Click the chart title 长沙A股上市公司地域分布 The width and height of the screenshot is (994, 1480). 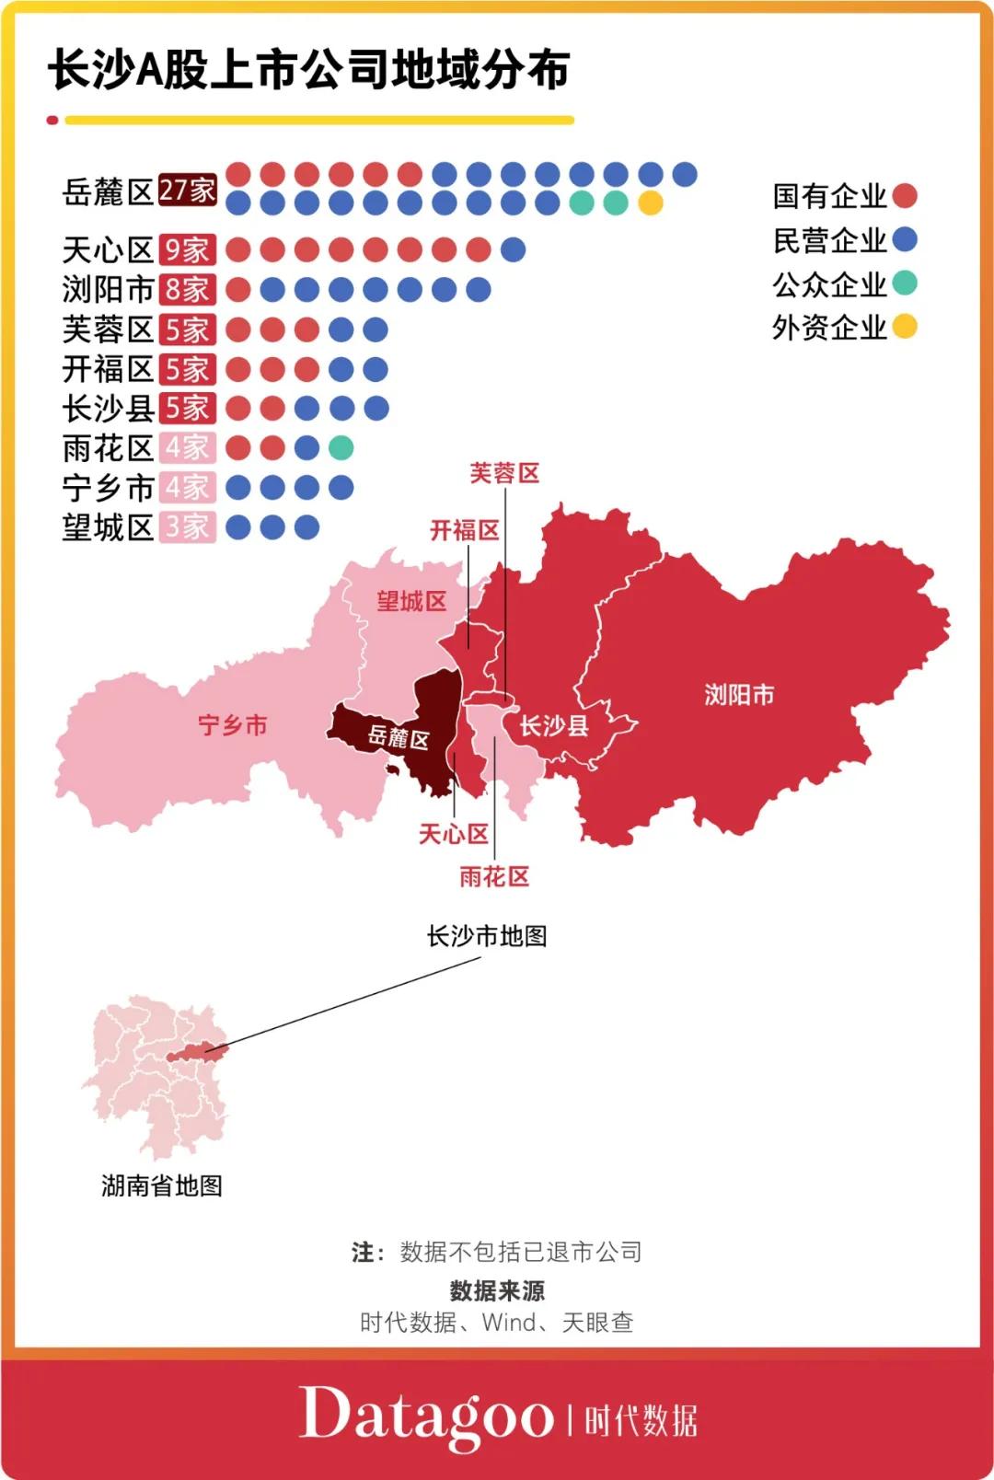[308, 70]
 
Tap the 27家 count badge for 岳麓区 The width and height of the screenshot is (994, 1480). [187, 191]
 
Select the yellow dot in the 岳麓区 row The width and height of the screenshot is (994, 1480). [650, 202]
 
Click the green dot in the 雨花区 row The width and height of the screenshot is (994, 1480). [341, 448]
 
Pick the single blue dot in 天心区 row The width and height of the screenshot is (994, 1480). [513, 249]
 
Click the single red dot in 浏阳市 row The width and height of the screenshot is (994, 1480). [238, 290]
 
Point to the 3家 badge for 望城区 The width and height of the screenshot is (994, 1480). [187, 527]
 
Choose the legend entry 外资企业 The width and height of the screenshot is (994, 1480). [829, 327]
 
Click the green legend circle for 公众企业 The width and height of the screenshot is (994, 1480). [905, 283]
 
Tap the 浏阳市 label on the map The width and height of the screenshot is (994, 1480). [739, 695]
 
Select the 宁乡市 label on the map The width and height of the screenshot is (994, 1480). [233, 725]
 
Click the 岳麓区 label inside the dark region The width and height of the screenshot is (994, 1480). [398, 737]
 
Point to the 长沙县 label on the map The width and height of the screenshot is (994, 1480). [553, 726]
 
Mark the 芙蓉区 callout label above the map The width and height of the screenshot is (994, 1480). [504, 473]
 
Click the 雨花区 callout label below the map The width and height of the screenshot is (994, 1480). [494, 876]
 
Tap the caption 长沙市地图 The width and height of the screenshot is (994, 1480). [486, 936]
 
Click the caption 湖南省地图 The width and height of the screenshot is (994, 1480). [162, 1185]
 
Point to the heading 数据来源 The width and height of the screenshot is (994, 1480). [497, 1290]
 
